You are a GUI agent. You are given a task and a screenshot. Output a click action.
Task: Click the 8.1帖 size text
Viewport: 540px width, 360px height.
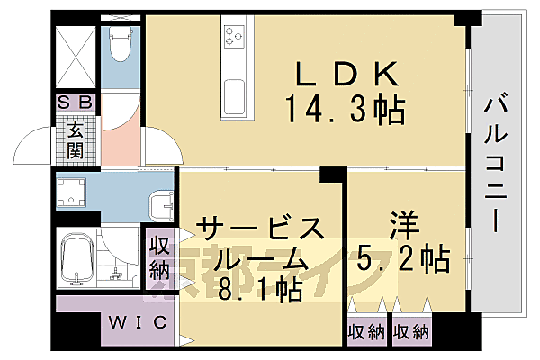[x=257, y=291]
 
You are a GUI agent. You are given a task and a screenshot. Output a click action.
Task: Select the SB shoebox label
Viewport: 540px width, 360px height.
[x=75, y=103]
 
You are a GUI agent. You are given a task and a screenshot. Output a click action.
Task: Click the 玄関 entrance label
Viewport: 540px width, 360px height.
[x=75, y=138]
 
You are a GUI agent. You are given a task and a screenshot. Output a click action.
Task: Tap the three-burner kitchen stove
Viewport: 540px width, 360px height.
[x=236, y=37]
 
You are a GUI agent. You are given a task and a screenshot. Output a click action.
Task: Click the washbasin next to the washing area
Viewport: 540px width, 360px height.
[x=161, y=206]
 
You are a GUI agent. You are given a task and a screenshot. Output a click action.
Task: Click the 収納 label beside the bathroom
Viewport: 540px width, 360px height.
[x=159, y=256]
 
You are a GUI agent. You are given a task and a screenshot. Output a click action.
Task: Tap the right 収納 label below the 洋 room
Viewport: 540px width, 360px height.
[x=410, y=331]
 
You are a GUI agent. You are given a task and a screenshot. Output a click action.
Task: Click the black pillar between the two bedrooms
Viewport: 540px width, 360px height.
[x=333, y=175]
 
